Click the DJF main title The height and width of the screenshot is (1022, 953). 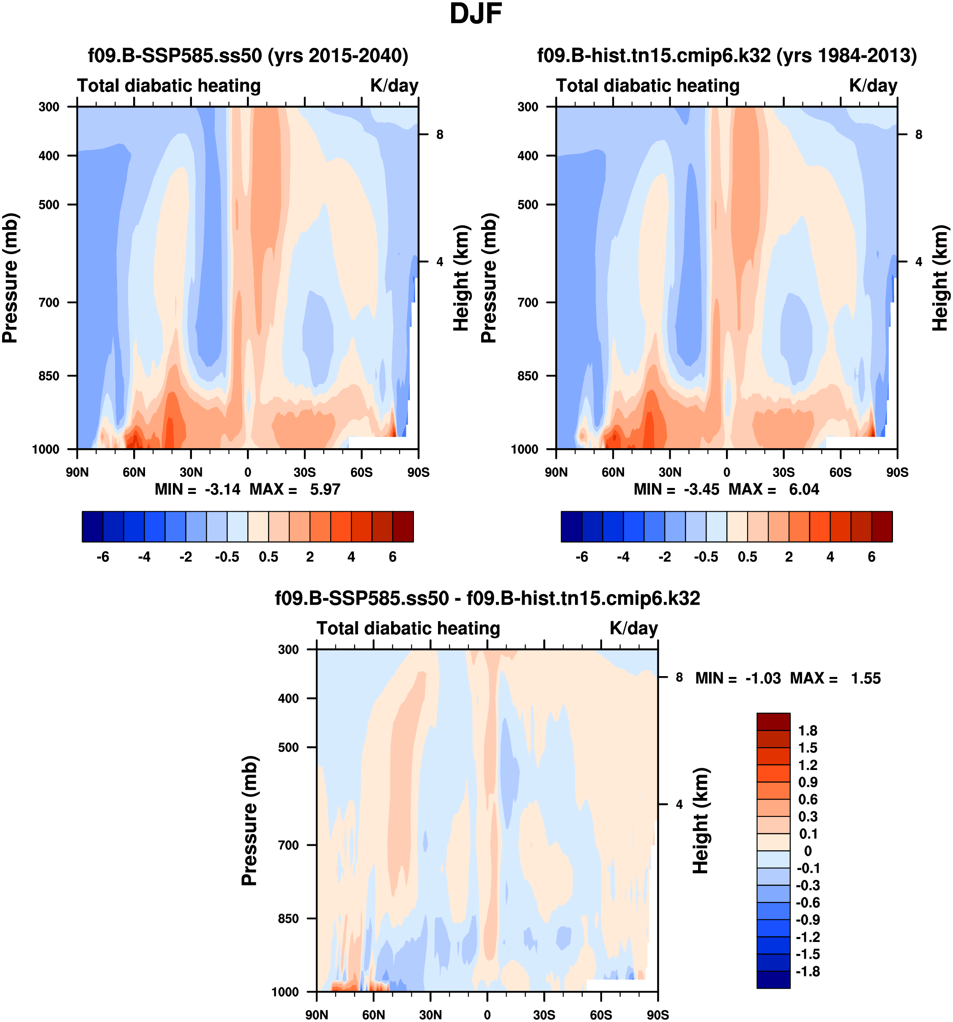click(x=476, y=14)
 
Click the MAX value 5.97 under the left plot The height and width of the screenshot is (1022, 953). click(x=325, y=489)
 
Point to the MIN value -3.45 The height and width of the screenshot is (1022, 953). click(x=701, y=489)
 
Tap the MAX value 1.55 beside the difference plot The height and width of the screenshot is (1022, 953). click(x=865, y=679)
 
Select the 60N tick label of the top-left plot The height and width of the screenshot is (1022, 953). click(x=134, y=472)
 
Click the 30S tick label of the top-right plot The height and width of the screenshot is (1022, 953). click(x=783, y=472)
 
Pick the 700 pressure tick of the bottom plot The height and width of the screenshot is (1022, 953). click(x=288, y=845)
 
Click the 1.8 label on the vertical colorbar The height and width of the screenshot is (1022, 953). click(x=808, y=731)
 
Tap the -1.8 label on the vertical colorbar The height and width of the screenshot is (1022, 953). click(x=808, y=972)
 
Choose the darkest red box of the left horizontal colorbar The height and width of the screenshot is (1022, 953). click(x=403, y=526)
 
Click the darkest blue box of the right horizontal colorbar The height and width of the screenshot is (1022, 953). click(x=571, y=526)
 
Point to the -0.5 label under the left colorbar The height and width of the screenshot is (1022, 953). click(x=227, y=557)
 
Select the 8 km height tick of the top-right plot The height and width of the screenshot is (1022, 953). click(x=919, y=135)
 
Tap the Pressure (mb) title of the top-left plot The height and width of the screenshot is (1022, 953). click(x=10, y=278)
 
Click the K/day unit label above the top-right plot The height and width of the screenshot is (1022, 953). click(x=873, y=85)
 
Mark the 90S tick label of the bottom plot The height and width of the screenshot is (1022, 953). click(x=657, y=1015)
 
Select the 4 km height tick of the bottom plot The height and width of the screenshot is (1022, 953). click(x=679, y=804)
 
